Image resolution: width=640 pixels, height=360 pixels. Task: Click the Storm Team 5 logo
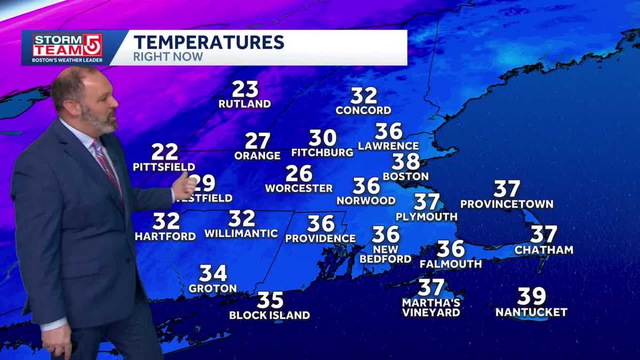(67, 47)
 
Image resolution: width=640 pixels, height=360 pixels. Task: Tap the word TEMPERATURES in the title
(209, 42)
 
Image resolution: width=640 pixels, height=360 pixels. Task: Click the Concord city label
(363, 110)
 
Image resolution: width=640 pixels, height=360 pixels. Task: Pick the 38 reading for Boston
(406, 161)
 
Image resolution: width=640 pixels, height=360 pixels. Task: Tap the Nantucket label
(531, 312)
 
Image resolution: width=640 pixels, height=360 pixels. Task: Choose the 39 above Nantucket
(531, 296)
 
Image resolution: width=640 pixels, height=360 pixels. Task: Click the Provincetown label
(507, 204)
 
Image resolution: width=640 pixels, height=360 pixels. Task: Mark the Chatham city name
(544, 250)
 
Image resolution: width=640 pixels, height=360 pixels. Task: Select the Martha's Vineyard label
(431, 308)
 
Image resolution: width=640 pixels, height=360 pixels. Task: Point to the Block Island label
(269, 315)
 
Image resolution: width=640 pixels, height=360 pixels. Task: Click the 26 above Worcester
(299, 173)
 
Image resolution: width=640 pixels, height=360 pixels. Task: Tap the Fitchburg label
(322, 153)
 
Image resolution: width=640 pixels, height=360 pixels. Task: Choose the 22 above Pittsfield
(164, 152)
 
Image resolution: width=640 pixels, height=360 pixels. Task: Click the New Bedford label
(386, 254)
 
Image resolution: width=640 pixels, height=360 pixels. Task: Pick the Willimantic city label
(241, 233)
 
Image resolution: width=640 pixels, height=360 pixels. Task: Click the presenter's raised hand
(185, 187)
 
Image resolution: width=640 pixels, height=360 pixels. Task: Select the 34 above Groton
(213, 274)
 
